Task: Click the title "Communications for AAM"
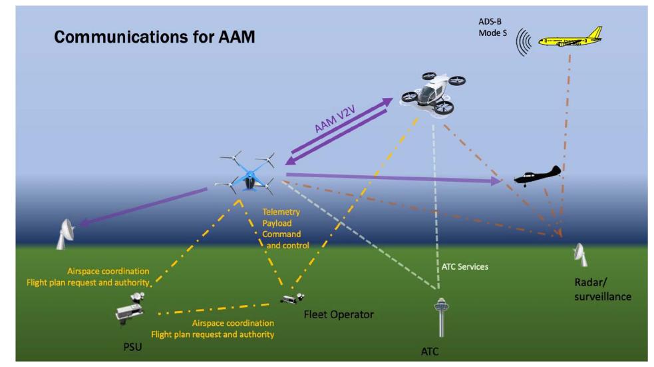pos(154,38)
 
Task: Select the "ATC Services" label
pos(464,266)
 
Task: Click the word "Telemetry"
pos(281,212)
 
